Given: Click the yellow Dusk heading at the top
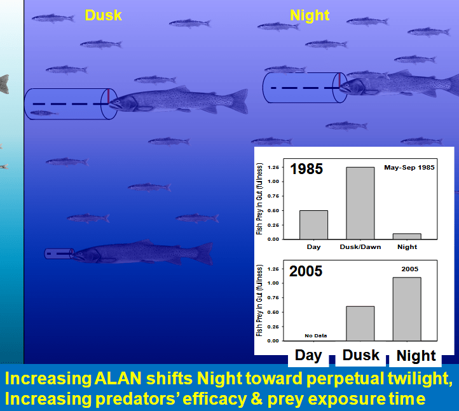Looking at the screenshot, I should pyautogui.click(x=103, y=14).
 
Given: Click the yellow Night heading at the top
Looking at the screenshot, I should pyautogui.click(x=310, y=15).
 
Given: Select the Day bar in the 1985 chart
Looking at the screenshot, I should pyautogui.click(x=313, y=224).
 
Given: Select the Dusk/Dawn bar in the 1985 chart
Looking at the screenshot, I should pyautogui.click(x=360, y=203).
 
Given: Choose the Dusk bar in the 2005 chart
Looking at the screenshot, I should pyautogui.click(x=360, y=323).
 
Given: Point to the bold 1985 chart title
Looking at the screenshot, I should pyautogui.click(x=306, y=169).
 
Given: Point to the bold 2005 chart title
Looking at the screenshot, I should pyautogui.click(x=306, y=271).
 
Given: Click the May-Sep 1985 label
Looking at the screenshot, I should pyautogui.click(x=409, y=168).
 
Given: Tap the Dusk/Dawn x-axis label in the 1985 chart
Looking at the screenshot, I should pyautogui.click(x=360, y=246).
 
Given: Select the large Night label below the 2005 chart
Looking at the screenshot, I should pyautogui.click(x=416, y=356).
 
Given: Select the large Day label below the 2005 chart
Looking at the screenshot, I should pyautogui.click(x=308, y=355).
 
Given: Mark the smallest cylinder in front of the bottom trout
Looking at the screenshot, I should pyautogui.click(x=58, y=253).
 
